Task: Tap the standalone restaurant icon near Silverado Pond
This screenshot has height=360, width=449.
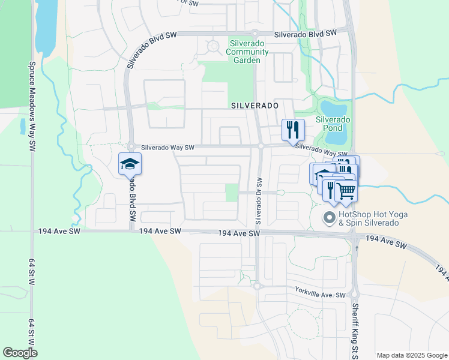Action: click(x=294, y=129)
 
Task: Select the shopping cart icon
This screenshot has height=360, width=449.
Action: click(x=346, y=190)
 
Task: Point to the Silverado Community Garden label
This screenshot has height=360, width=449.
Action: click(x=247, y=52)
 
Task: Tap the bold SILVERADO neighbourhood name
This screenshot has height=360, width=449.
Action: click(x=255, y=105)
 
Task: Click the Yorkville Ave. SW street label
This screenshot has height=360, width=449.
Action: click(x=321, y=295)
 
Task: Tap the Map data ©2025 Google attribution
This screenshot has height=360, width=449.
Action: click(x=411, y=355)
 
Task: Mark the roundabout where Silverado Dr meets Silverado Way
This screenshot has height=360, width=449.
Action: click(x=261, y=146)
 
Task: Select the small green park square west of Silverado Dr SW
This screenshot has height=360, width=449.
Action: click(x=232, y=193)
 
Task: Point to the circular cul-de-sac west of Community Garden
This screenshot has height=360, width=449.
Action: click(x=212, y=46)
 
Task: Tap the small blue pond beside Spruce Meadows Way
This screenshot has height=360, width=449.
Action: click(x=23, y=126)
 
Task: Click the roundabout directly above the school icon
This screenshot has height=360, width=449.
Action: click(x=130, y=146)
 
